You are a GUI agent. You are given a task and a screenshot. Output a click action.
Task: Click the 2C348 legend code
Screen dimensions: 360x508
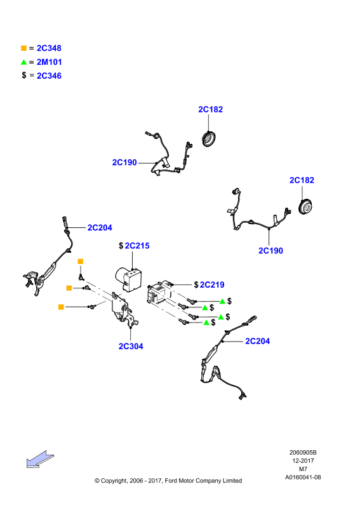click(x=49, y=48)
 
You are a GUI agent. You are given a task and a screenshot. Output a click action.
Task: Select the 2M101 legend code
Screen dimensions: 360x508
click(x=50, y=62)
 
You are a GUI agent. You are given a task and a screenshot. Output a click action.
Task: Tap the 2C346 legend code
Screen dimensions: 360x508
click(x=49, y=76)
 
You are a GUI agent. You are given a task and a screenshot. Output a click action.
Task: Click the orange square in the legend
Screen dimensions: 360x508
click(x=23, y=48)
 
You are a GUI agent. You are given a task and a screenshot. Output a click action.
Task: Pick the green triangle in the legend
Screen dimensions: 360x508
click(x=23, y=62)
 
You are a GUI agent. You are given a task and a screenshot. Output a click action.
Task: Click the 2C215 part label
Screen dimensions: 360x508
click(x=137, y=246)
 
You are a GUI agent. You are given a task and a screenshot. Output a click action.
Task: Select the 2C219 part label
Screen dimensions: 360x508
click(x=212, y=284)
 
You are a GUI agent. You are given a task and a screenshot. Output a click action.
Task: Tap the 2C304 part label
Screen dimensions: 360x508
click(x=131, y=346)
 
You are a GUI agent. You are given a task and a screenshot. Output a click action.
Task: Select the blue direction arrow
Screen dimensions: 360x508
click(x=40, y=458)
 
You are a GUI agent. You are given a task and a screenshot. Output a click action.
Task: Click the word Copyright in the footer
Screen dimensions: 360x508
click(x=114, y=481)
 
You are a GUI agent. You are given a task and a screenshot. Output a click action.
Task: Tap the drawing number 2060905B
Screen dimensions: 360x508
click(x=303, y=453)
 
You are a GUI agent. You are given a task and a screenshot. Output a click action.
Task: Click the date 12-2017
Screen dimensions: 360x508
click(x=303, y=461)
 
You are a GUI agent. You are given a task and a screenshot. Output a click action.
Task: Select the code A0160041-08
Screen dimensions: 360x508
click(x=303, y=478)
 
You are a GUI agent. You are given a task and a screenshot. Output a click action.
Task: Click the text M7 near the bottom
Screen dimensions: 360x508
click(x=303, y=469)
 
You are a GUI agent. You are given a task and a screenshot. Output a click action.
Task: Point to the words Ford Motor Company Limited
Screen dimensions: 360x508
click(x=203, y=481)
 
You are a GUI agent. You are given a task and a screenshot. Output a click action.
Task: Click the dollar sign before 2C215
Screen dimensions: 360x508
click(x=121, y=246)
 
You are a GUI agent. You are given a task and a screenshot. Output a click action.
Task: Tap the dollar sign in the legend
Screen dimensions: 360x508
click(x=24, y=75)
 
